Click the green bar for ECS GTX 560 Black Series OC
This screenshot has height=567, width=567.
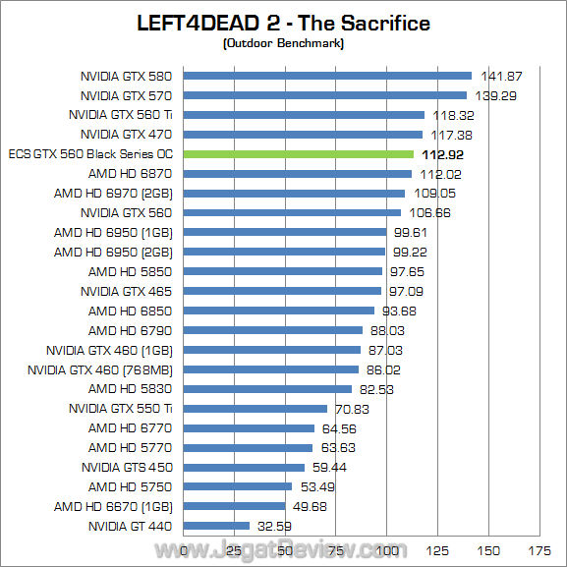tap(299, 154)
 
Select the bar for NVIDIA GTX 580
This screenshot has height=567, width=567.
tap(328, 76)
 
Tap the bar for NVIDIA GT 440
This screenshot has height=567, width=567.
tap(217, 526)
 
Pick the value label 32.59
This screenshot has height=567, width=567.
tap(275, 526)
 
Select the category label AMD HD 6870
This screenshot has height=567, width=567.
tap(130, 174)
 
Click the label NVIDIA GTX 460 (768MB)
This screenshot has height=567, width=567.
tap(100, 369)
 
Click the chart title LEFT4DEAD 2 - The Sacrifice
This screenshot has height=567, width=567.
tap(282, 23)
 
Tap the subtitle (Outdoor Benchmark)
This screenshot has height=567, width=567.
tap(283, 42)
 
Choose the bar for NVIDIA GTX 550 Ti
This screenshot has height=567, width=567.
tap(255, 409)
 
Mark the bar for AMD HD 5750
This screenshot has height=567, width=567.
tap(238, 486)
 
